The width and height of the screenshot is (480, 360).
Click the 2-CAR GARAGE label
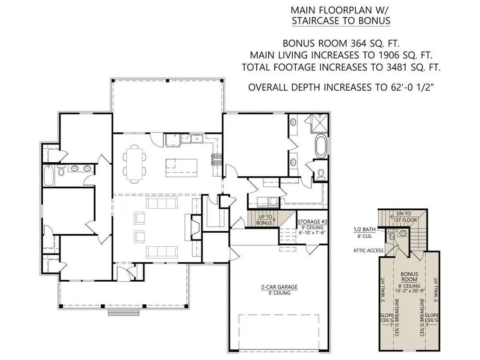coord(279,287)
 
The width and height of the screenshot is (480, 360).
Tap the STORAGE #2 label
coord(311,222)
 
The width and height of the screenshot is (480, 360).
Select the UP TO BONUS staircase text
coord(265,220)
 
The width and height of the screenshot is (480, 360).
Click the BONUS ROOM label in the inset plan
coord(409,276)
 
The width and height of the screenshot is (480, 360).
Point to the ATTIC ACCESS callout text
coord(368,251)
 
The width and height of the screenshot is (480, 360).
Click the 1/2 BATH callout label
coord(364,229)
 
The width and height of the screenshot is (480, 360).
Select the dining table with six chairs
coord(134,164)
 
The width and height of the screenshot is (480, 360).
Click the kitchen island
coord(181,168)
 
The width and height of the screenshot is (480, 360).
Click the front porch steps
coord(124,312)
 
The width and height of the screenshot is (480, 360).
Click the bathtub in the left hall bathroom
coord(48,175)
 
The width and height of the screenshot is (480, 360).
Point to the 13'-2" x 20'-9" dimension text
coord(409,291)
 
